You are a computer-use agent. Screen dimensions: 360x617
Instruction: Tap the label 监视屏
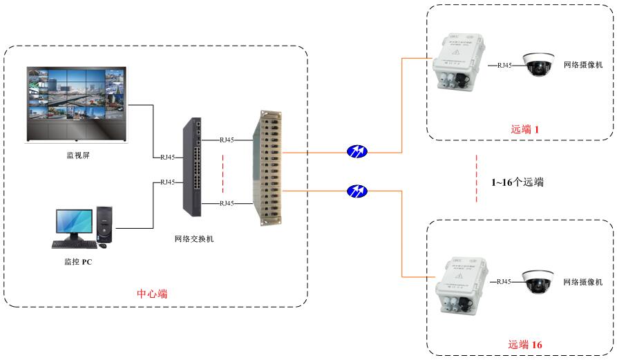coord(77,155)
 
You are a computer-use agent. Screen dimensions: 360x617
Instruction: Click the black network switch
coord(193,166)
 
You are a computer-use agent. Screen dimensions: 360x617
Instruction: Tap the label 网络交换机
coord(194,239)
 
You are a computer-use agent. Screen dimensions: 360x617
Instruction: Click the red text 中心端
coord(152,294)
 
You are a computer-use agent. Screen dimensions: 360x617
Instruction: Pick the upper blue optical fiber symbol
coord(357,151)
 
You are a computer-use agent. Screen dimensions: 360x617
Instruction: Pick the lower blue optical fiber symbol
coord(357,190)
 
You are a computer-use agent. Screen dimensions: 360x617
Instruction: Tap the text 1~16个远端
coord(517,183)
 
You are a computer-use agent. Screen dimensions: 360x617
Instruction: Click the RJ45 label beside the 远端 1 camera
coord(504,65)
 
